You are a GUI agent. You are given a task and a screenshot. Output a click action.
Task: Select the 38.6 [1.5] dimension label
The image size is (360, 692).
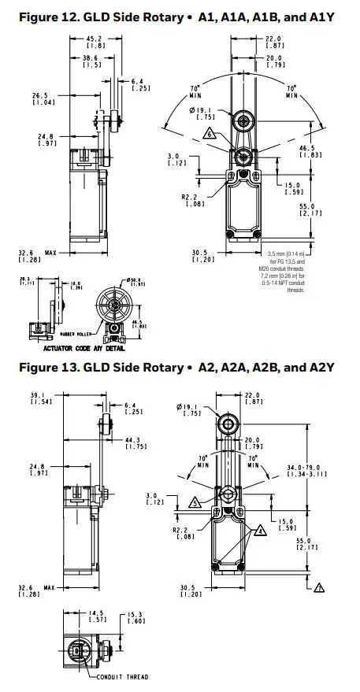coord(93,61)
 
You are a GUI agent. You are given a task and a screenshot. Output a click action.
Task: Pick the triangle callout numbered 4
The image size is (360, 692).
coord(258,531)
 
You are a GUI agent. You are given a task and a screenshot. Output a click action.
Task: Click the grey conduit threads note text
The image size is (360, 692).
coord(284,272)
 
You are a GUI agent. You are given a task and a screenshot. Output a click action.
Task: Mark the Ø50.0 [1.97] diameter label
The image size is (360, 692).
coord(136,282)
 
